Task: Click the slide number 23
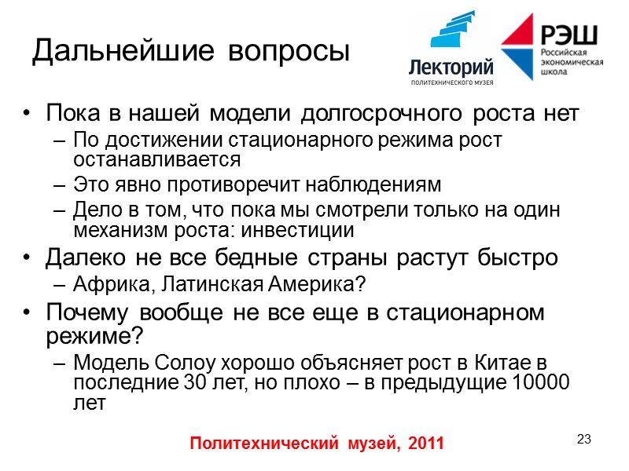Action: [583, 438]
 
